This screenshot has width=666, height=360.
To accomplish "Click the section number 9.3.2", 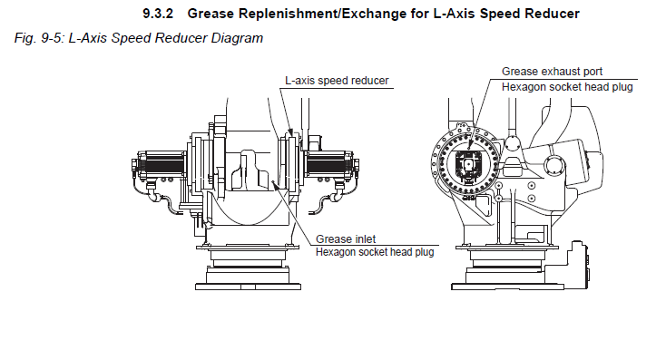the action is click(x=158, y=14).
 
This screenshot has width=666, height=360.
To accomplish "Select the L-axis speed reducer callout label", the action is click(x=337, y=81).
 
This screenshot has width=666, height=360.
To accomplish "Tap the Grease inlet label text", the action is click(x=346, y=239).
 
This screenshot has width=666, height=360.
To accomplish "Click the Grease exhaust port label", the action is click(x=552, y=72).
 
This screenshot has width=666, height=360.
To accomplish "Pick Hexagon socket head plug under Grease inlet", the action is click(x=375, y=252).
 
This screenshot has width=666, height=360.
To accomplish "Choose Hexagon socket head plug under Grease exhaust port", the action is click(x=567, y=87).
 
